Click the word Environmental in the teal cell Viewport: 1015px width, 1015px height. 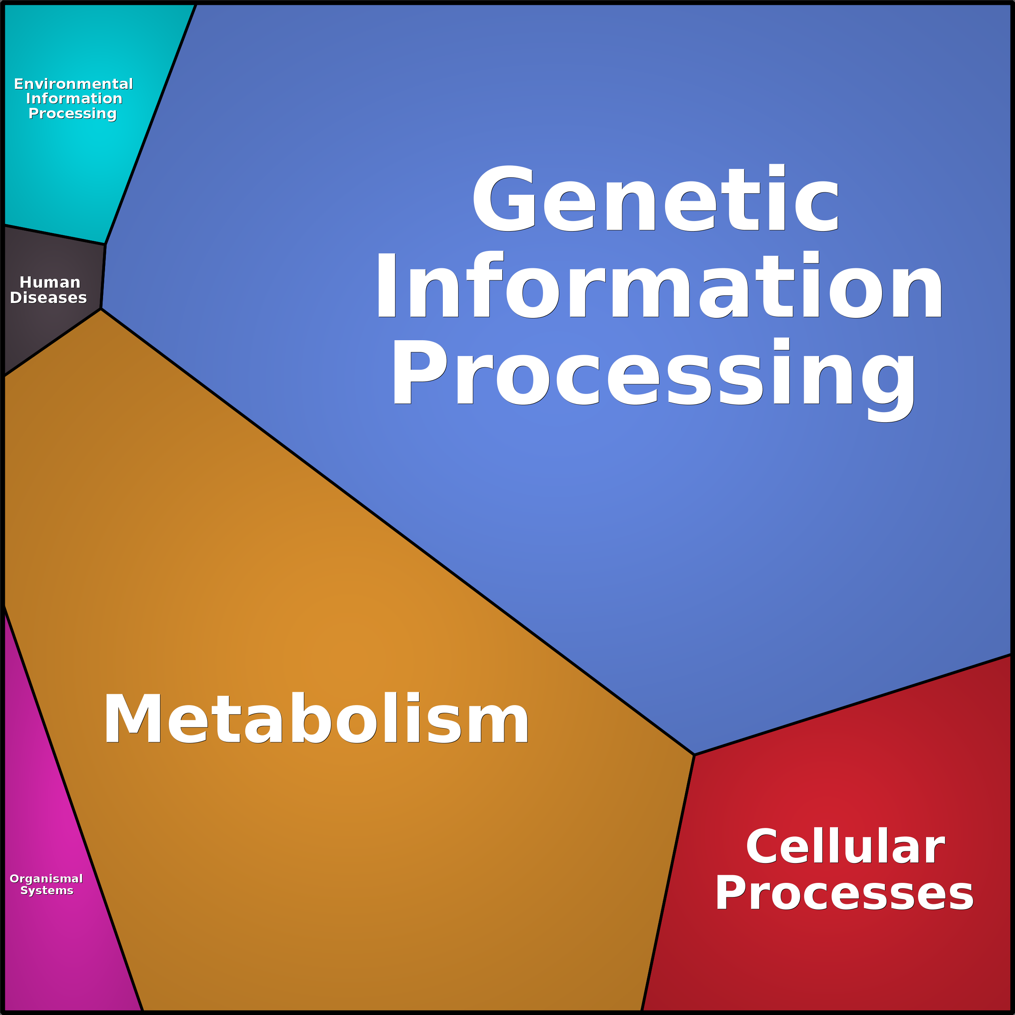(74, 84)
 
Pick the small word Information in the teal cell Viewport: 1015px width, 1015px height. (74, 99)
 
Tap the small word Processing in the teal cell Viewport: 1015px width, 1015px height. (72, 114)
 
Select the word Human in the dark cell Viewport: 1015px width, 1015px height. (50, 283)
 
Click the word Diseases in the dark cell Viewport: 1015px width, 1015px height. (48, 298)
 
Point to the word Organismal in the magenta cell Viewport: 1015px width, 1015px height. (46, 879)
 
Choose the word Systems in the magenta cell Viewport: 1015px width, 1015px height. (47, 891)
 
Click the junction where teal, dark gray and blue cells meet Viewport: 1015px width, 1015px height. (105, 244)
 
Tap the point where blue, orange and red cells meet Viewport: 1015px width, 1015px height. (695, 755)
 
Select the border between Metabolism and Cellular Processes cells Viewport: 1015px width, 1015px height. (668, 882)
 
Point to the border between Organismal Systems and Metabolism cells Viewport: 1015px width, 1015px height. (74, 809)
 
